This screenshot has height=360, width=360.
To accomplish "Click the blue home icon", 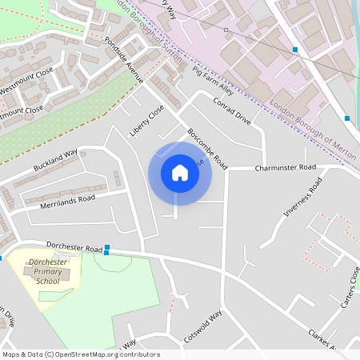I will (180, 173).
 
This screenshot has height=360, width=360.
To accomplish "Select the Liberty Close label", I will (146, 120).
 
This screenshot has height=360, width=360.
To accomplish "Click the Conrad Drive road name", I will (232, 111).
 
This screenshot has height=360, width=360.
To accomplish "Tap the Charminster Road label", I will (286, 169).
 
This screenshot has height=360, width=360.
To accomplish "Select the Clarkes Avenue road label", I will (328, 340).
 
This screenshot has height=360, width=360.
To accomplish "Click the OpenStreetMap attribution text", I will (81, 354).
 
